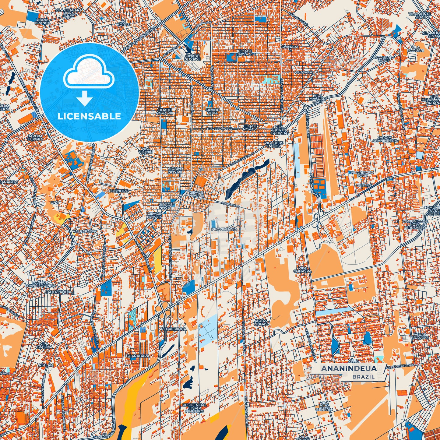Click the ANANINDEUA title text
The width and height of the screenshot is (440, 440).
[348, 368]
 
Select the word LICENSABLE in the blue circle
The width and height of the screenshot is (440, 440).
[89, 116]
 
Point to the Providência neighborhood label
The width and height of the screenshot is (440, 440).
[224, 229]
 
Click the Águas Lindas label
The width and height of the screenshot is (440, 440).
[261, 322]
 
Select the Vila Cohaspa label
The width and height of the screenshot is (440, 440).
[302, 269]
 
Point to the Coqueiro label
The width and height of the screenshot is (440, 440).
[119, 191]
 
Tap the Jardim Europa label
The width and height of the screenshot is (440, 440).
[35, 137]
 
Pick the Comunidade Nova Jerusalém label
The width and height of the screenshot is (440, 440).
[415, 224]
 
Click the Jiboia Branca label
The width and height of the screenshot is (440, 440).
[43, 21]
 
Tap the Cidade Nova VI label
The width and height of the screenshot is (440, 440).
[245, 53]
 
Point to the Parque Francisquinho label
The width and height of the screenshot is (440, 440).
[40, 284]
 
